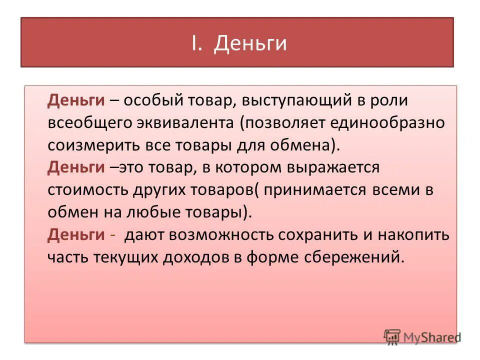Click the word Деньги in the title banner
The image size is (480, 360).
click(x=250, y=43)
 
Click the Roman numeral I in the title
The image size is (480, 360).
click(x=195, y=43)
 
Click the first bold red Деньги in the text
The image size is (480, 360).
click(x=76, y=100)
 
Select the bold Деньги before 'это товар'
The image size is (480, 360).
click(x=76, y=167)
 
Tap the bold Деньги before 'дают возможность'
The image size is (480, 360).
click(x=76, y=234)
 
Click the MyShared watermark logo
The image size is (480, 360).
click(x=422, y=337)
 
